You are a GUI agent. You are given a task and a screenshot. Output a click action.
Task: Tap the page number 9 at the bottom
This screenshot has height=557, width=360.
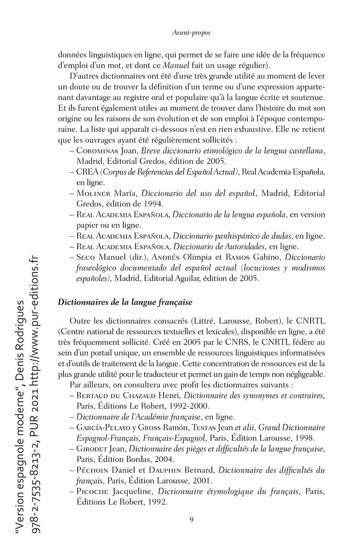tap(191, 519)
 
